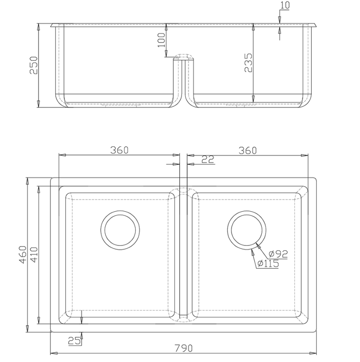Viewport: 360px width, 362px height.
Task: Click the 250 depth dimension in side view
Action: (33, 65)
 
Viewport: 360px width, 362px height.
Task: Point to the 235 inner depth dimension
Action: (248, 63)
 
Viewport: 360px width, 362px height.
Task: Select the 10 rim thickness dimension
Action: (285, 6)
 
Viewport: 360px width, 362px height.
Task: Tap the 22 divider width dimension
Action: (207, 159)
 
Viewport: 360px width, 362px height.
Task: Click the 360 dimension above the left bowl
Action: (119, 150)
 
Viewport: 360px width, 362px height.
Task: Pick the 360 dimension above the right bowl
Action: (247, 150)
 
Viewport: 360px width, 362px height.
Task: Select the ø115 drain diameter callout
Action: (268, 264)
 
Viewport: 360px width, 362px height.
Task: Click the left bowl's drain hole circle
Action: (120, 229)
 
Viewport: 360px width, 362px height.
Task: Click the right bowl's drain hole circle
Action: (247, 229)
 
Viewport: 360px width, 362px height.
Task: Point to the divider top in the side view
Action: (183, 57)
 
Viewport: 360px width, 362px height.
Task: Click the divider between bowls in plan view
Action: (183, 252)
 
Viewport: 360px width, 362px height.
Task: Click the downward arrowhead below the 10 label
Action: (279, 20)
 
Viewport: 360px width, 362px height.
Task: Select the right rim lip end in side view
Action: (316, 25)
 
